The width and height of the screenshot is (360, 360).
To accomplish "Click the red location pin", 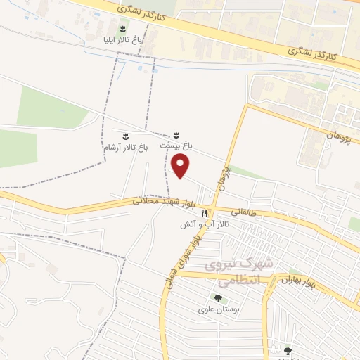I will tap(181, 167).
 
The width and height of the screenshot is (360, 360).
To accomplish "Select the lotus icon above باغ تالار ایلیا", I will tap(123, 29).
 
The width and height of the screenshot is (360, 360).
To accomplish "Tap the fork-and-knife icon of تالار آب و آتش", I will tap(205, 213).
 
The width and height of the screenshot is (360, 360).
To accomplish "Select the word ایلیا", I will tap(111, 41).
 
